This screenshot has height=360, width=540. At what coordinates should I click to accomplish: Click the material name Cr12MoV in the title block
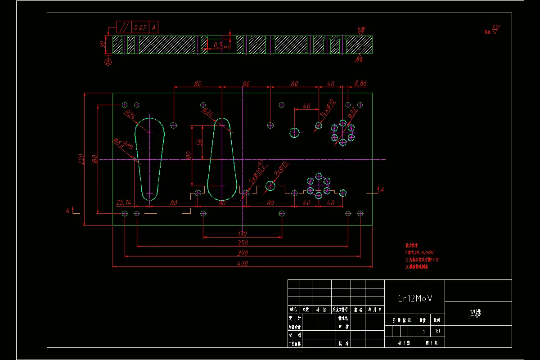[x=415, y=298]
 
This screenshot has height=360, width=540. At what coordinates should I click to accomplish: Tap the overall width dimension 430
[x=242, y=263]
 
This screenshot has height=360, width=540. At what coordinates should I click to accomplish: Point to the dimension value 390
[x=242, y=253]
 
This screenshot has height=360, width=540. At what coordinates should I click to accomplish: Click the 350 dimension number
[x=242, y=243]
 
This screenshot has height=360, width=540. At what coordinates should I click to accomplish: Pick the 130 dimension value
[x=242, y=234]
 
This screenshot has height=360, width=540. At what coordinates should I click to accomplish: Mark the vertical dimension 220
[x=81, y=159]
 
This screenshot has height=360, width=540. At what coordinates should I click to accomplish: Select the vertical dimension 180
[x=94, y=159]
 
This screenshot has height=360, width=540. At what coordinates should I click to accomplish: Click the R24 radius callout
[x=130, y=115]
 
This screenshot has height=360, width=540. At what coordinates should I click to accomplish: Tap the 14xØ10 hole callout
[x=328, y=108]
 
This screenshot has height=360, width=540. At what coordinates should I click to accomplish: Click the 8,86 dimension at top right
[x=360, y=83]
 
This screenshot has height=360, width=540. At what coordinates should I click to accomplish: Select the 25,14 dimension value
[x=123, y=202]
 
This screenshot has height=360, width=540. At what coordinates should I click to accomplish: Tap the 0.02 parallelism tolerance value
[x=140, y=27]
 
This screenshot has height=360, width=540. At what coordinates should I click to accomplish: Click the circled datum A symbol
[x=108, y=63]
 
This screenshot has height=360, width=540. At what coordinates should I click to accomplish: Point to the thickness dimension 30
[x=103, y=44]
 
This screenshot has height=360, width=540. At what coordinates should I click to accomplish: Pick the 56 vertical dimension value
[x=199, y=142]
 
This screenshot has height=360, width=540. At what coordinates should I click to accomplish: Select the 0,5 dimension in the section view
[x=218, y=45]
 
